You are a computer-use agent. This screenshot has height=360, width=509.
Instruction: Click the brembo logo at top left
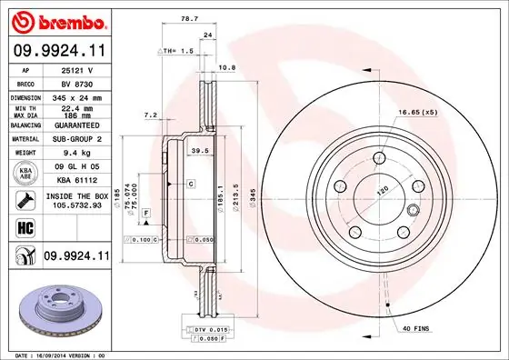pos(59,21)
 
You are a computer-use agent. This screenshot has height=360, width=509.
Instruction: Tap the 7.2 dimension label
pos(152,115)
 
